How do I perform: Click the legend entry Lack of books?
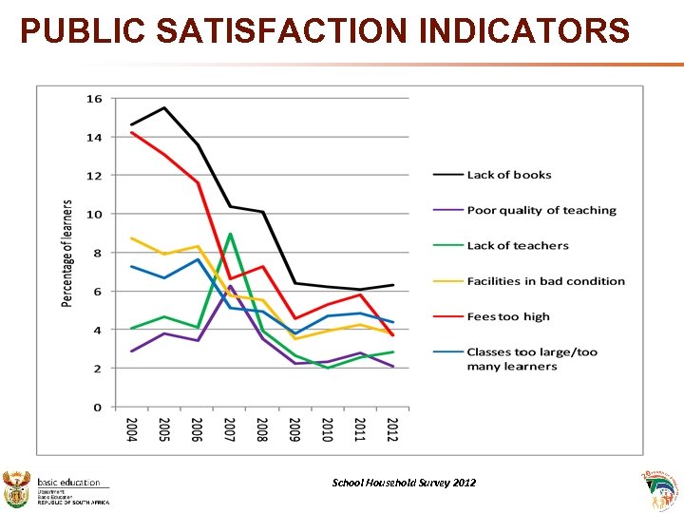pos(508,175)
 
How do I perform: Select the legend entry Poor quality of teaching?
pos(541,210)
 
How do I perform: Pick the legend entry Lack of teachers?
pos(518,246)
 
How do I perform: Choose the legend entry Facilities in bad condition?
pos(545,281)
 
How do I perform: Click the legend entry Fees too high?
pos(508,316)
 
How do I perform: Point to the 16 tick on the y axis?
pos(94,99)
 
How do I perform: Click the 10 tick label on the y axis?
pos(94,215)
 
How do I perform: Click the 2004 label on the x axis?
pos(132,429)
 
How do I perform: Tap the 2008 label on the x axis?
pos(262,429)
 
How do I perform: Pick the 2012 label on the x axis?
pos(392,429)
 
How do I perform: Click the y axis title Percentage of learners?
pos(67,253)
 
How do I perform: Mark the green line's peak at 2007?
pos(230,234)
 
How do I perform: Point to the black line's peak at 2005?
pos(164,108)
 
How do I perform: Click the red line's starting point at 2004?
pos(132,132)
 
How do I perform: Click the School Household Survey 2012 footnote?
pos(404,483)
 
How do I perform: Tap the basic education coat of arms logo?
pos(18,488)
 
